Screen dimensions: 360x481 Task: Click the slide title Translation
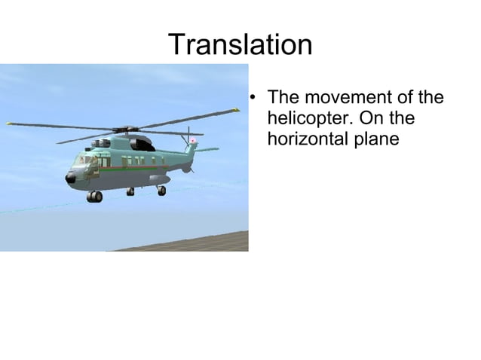pos(240,45)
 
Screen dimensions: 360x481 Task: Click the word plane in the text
pos(375,139)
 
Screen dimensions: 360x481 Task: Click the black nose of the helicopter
pos(71,178)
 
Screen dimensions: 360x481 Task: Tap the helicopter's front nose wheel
pos(94,197)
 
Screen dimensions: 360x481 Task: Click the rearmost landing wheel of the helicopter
pos(161,191)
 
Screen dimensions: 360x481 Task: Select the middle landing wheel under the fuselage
pos(130,192)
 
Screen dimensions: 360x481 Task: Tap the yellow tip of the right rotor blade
pos(235,111)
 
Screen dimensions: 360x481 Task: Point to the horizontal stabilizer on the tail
pos(207,149)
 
